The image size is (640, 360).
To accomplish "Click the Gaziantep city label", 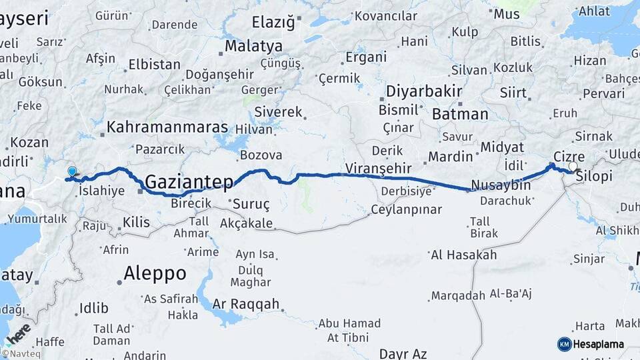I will click(x=189, y=181).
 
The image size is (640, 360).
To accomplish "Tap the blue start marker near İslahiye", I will click(x=72, y=171).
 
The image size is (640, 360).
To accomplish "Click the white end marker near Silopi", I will click(x=573, y=166).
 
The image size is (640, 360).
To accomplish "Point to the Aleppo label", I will click(x=155, y=273).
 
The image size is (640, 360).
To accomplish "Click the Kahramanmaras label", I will click(x=167, y=127).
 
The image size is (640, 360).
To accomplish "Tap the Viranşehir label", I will click(x=375, y=167).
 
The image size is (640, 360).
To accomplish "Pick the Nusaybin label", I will click(x=501, y=185).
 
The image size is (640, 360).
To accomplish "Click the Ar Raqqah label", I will click(x=246, y=304).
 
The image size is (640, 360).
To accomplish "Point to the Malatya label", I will click(x=253, y=47).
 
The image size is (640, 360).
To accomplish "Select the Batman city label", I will click(x=460, y=114).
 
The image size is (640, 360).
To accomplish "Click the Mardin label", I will click(x=450, y=157).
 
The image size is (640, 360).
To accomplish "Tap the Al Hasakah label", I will click(x=464, y=255).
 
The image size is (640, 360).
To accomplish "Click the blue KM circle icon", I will click(x=564, y=344).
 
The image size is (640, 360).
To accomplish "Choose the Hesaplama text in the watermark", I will click(x=599, y=344).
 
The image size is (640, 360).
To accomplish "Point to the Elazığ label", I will click(x=273, y=23).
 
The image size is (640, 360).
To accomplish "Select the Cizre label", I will click(x=568, y=157).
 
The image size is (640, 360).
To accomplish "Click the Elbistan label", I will click(x=154, y=65).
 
